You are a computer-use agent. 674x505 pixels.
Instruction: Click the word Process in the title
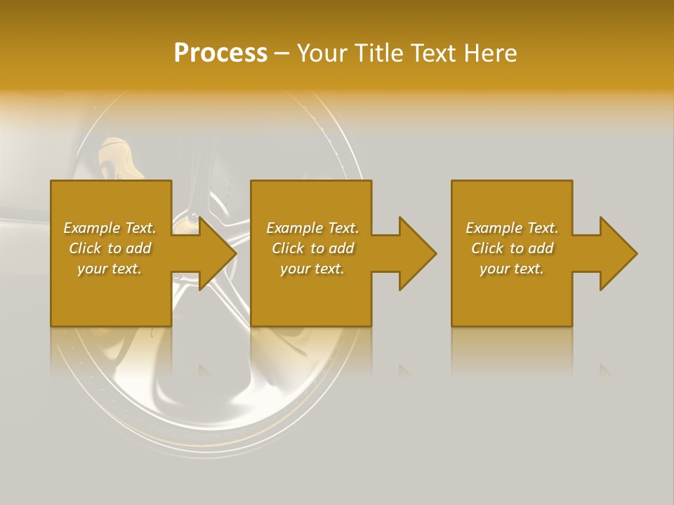click(220, 53)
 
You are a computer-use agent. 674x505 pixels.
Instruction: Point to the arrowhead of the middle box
click(417, 253)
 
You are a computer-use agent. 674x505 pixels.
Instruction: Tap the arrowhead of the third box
click(618, 253)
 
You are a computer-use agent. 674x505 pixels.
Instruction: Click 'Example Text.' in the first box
click(110, 228)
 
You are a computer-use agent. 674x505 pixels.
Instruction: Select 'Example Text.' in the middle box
click(312, 228)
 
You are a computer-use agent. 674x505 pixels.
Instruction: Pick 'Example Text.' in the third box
click(512, 228)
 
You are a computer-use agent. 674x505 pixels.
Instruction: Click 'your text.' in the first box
click(110, 269)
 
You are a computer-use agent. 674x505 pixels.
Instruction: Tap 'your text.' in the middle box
click(312, 269)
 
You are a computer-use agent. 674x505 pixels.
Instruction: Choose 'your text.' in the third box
click(512, 269)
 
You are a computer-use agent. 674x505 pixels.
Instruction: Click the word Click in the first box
click(85, 248)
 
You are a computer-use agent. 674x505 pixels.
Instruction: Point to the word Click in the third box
click(487, 248)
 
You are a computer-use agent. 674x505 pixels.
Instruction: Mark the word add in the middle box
click(341, 248)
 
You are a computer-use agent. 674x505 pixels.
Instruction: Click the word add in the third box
click(541, 248)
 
